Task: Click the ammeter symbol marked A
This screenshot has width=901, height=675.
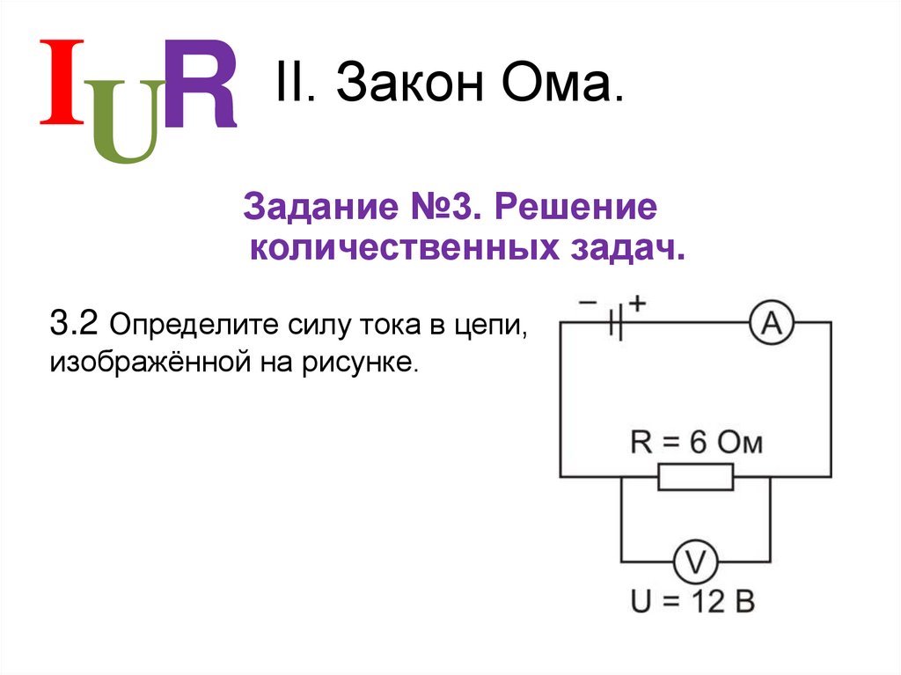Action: (771, 323)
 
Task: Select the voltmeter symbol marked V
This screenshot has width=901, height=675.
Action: (696, 561)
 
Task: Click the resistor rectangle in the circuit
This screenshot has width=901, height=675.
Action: (695, 477)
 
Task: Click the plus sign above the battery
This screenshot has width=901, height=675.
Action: (637, 302)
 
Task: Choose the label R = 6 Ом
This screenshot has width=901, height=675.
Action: (696, 442)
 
